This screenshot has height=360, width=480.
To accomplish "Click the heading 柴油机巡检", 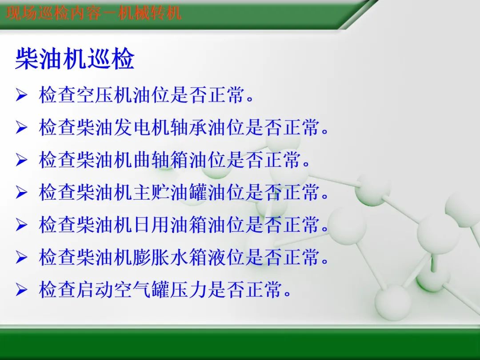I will pyautogui.click(x=75, y=59).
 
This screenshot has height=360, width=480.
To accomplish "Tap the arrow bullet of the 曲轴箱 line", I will pyautogui.click(x=21, y=160).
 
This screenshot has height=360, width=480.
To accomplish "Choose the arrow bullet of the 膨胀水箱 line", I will pyautogui.click(x=21, y=258).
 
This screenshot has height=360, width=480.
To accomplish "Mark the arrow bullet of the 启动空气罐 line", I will pyautogui.click(x=21, y=290).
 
